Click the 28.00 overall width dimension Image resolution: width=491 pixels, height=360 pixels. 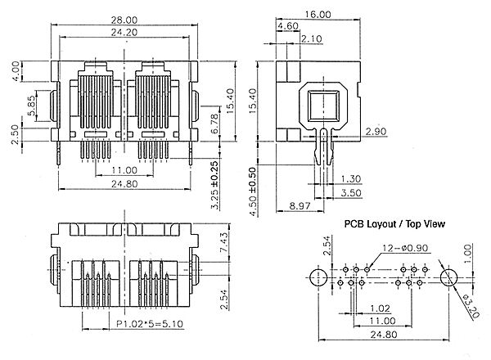(124, 20)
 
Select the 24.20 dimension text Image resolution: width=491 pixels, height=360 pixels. (124, 32)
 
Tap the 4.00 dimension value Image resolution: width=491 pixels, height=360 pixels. (16, 71)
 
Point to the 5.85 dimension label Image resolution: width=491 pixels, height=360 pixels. (32, 106)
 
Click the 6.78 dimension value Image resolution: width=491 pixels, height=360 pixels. (214, 124)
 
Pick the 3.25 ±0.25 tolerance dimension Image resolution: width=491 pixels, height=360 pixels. (214, 185)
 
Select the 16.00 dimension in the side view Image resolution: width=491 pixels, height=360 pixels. (318, 15)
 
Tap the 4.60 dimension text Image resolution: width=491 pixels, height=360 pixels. (288, 25)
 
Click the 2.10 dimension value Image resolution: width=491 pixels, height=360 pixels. (312, 38)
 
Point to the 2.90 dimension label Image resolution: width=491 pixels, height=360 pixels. (376, 132)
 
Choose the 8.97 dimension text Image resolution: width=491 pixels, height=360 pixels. (300, 205)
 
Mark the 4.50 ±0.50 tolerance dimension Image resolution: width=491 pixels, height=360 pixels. (253, 192)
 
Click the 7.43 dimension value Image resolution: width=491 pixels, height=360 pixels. (224, 242)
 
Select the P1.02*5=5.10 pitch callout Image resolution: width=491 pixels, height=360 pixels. (150, 324)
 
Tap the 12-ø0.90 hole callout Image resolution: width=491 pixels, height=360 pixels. (405, 248)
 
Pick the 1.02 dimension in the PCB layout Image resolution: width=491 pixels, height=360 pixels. (381, 308)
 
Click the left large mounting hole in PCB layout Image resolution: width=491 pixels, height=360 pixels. (318, 277)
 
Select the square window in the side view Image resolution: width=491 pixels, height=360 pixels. (323, 106)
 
